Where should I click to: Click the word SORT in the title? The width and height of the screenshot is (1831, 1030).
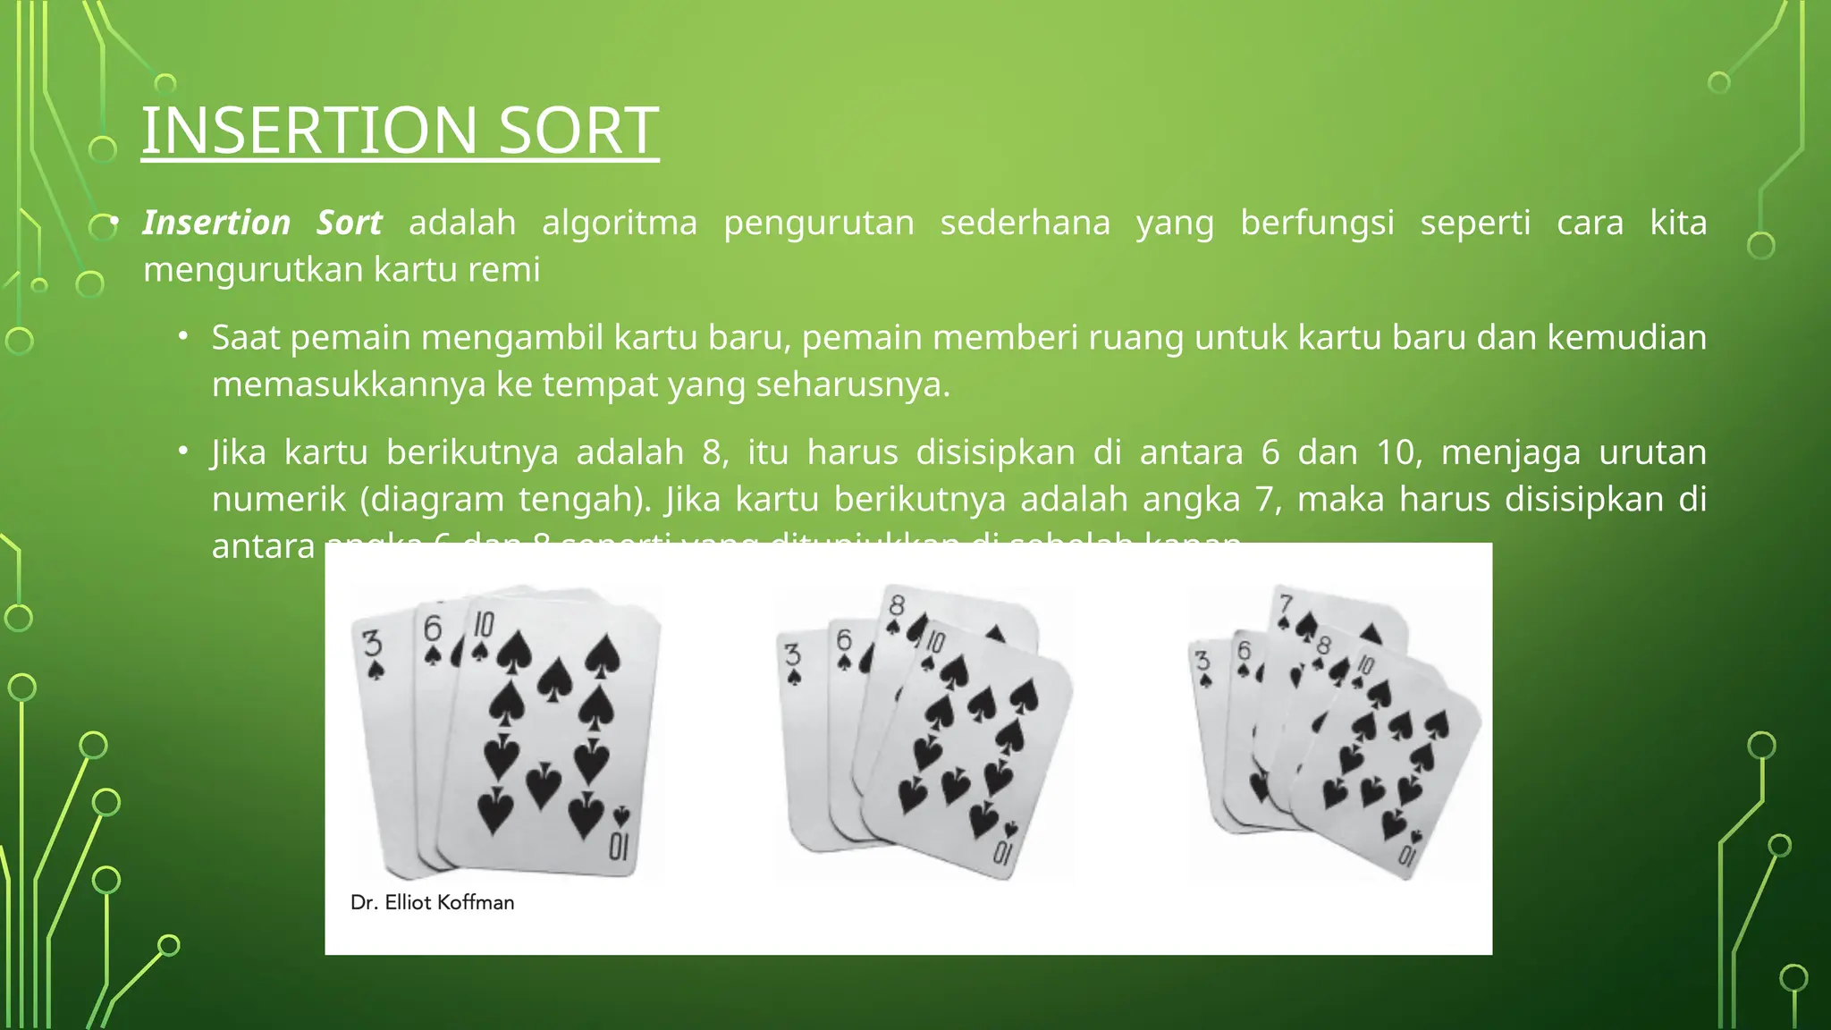pyautogui.click(x=578, y=131)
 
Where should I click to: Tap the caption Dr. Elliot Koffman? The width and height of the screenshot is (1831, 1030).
pyautogui.click(x=432, y=903)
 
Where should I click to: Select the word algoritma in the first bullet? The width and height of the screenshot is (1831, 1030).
pyautogui.click(x=619, y=223)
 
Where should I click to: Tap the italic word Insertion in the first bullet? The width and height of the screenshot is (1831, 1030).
pyautogui.click(x=216, y=223)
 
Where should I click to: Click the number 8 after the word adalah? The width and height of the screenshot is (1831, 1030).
pyautogui.click(x=712, y=452)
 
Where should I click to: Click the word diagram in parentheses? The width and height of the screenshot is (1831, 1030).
pyautogui.click(x=435, y=499)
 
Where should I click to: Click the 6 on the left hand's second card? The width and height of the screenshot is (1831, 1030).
pyautogui.click(x=433, y=629)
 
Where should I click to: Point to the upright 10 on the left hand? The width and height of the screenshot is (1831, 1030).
pyautogui.click(x=484, y=624)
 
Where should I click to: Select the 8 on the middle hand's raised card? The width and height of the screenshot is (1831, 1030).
pyautogui.click(x=896, y=605)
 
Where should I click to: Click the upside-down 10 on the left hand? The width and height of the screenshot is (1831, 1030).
pyautogui.click(x=619, y=845)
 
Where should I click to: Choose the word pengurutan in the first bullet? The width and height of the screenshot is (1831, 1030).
pyautogui.click(x=818, y=223)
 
